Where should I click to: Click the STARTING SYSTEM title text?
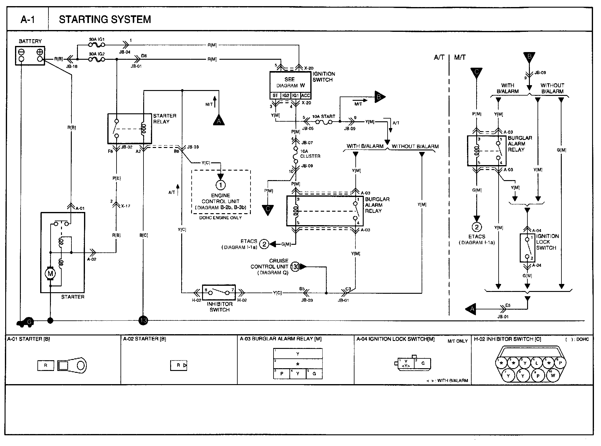pos(105,19)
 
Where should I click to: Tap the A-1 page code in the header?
pos(28,20)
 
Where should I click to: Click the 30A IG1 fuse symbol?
pos(96,45)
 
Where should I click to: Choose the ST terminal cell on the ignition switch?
pos(275,96)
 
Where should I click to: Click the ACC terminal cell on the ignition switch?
pos(306,96)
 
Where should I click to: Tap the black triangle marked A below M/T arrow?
pos(219,120)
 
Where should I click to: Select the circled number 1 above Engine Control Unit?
pos(220,185)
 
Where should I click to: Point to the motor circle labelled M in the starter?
pos(50,273)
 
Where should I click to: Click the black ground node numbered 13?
pos(143,321)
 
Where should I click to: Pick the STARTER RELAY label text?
pos(165,119)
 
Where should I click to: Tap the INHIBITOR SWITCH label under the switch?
pos(220,307)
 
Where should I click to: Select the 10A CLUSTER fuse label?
pos(310,153)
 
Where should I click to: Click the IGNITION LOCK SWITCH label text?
pos(547,242)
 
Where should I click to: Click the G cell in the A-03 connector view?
pos(314,374)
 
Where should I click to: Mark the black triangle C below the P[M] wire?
pos(268,210)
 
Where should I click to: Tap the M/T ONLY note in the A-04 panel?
pos(457,341)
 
